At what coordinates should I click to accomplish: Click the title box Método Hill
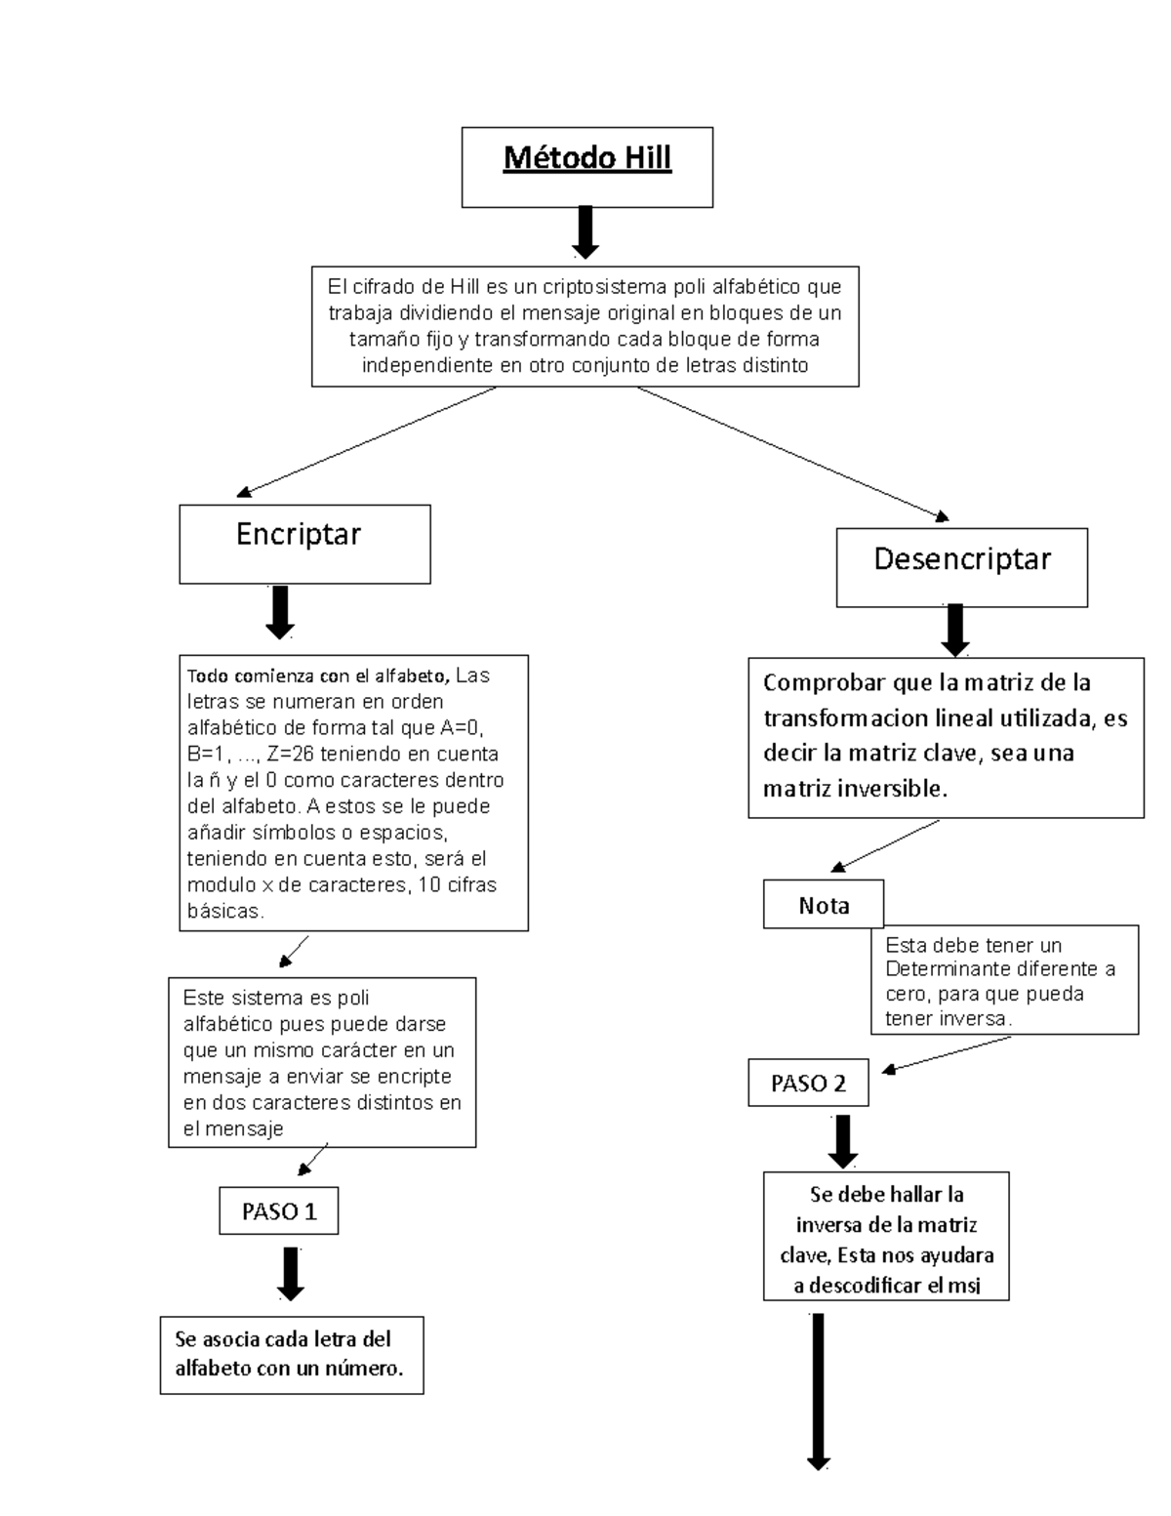586,166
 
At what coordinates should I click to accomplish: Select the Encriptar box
304,544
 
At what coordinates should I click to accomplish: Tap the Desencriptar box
961,566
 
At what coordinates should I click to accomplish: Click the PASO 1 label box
279,1210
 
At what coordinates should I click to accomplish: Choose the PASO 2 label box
808,1083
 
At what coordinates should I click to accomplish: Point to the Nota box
824,905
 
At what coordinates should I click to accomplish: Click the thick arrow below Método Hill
585,231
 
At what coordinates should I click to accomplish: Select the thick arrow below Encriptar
280,612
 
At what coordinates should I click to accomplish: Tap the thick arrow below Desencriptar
955,631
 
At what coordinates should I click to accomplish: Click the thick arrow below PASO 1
291,1273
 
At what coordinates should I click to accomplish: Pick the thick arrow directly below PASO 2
843,1141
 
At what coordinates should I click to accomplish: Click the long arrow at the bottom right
818,1391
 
